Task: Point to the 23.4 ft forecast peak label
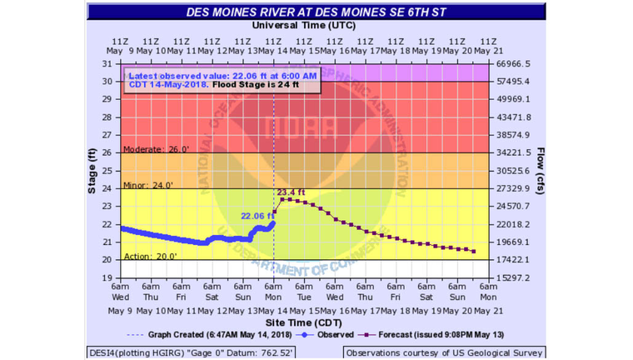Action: click(292, 192)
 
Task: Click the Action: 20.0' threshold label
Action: click(150, 256)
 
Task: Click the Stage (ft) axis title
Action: click(92, 171)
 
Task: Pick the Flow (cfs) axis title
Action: click(542, 171)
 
